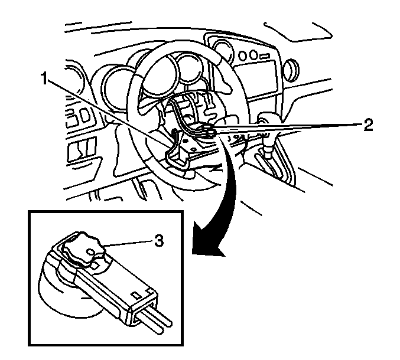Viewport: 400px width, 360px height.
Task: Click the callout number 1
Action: pyautogui.click(x=44, y=78)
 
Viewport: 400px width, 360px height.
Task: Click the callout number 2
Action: pyautogui.click(x=368, y=125)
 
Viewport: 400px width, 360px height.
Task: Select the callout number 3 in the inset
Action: pyautogui.click(x=159, y=241)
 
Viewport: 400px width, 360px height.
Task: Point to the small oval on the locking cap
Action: pyautogui.click(x=92, y=252)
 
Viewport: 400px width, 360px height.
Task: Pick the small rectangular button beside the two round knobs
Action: pyautogui.click(x=264, y=55)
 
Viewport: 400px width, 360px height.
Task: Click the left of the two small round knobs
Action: pyautogui.click(x=243, y=55)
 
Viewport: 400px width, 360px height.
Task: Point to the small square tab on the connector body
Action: pyautogui.click(x=137, y=295)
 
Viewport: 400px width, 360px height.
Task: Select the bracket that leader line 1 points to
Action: pyautogui.click(x=177, y=153)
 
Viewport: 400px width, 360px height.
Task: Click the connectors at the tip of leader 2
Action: pyautogui.click(x=209, y=130)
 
